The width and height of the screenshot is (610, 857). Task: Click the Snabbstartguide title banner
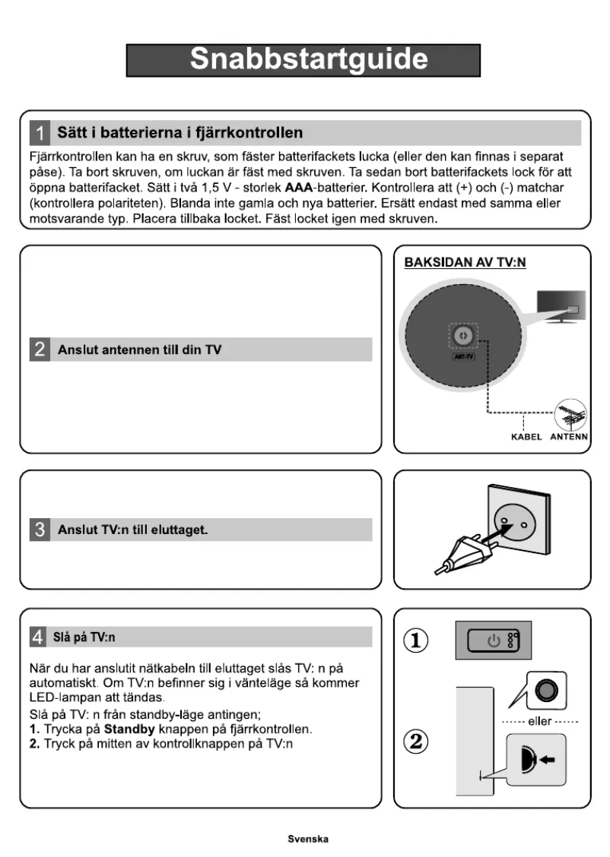[x=303, y=60]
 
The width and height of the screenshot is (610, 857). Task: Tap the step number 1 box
[x=39, y=133]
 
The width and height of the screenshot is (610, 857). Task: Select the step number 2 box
[x=39, y=349]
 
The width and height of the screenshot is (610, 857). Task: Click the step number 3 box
[x=39, y=530]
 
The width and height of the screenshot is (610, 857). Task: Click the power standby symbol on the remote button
[x=494, y=640]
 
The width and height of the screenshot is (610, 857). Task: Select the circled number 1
[x=415, y=639]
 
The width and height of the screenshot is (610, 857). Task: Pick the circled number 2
[x=415, y=741]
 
